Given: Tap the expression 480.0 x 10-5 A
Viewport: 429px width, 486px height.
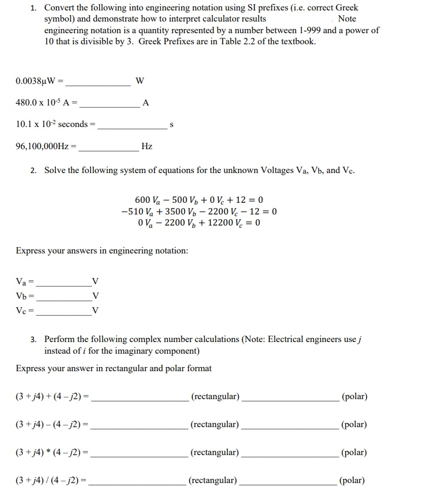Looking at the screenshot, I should pyautogui.click(x=45, y=103).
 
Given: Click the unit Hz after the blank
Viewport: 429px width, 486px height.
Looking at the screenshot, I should pyautogui.click(x=147, y=146).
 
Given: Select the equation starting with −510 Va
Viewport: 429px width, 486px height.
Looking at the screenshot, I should pyautogui.click(x=199, y=211).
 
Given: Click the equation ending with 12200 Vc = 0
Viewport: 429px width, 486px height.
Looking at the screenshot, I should pyautogui.click(x=199, y=223).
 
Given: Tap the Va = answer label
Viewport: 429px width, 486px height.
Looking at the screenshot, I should pyautogui.click(x=25, y=282).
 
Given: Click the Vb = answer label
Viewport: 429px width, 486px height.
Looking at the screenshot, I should pyautogui.click(x=25, y=297).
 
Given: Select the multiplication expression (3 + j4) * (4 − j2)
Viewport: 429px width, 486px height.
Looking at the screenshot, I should pyautogui.click(x=51, y=452).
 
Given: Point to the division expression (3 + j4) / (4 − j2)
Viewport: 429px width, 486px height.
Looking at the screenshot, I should pyautogui.click(x=50, y=481).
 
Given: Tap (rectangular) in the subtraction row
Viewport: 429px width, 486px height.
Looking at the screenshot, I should pyautogui.click(x=214, y=424).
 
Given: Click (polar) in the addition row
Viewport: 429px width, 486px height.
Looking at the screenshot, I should pyautogui.click(x=354, y=397).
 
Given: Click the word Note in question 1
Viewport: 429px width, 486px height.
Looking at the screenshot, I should pyautogui.click(x=347, y=19).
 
